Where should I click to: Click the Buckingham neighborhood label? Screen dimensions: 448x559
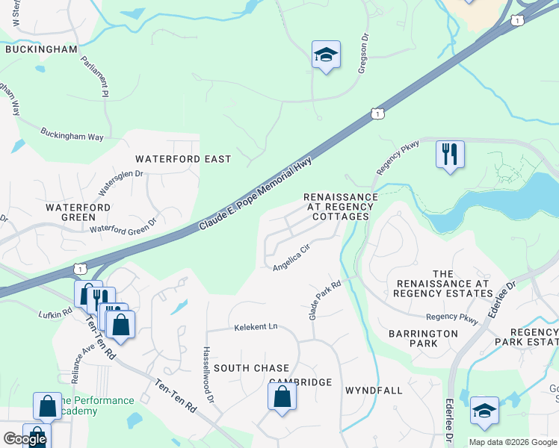tap(41, 49)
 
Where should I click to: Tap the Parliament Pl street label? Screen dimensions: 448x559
tap(95, 75)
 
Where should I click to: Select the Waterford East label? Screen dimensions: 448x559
tap(183, 159)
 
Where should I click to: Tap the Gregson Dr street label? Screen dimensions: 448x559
tap(364, 50)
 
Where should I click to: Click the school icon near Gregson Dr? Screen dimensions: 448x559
tap(326, 55)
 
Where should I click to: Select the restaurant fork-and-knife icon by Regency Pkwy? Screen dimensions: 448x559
tap(450, 155)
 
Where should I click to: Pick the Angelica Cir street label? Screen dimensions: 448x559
tap(291, 258)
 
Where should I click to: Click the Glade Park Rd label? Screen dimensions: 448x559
tap(325, 300)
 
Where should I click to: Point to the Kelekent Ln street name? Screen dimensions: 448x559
tap(256, 327)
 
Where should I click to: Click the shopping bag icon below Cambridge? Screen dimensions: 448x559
tap(282, 396)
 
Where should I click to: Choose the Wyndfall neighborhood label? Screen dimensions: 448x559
tap(374, 391)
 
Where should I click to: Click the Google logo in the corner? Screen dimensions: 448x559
tap(25, 440)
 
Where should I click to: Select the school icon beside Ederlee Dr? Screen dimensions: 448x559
tap(484, 411)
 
